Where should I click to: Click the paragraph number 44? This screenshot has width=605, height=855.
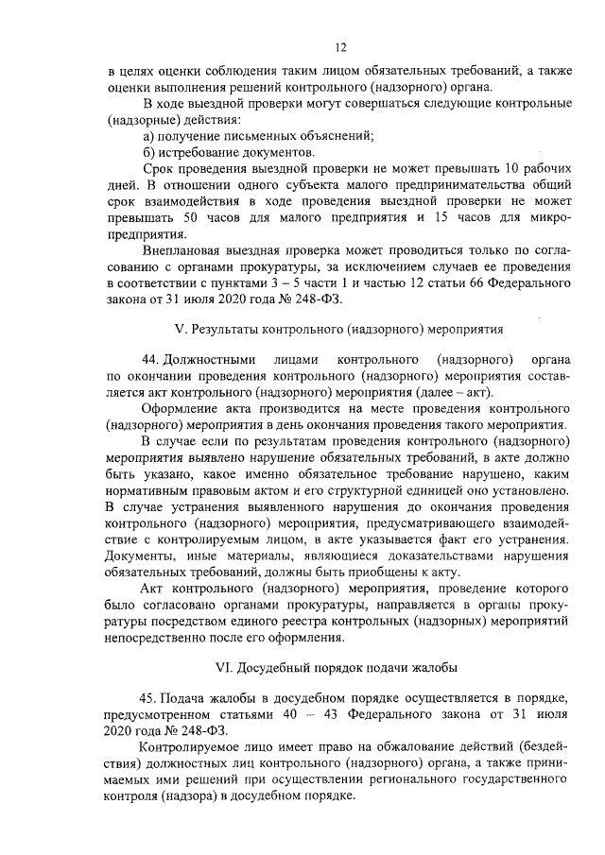click(148, 371)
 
